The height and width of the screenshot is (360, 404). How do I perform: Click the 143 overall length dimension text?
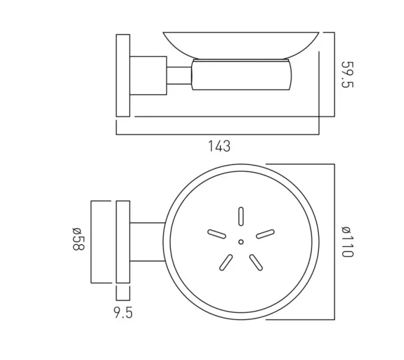point(219,146)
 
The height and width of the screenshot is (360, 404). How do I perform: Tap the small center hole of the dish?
point(240,242)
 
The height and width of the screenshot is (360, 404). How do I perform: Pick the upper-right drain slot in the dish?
point(265,234)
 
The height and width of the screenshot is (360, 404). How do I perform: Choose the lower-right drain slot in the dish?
point(255,261)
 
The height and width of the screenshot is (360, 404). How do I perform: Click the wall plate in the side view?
point(123,74)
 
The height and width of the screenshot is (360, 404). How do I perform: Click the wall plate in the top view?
point(123,242)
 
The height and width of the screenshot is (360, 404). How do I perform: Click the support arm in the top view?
point(146,242)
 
